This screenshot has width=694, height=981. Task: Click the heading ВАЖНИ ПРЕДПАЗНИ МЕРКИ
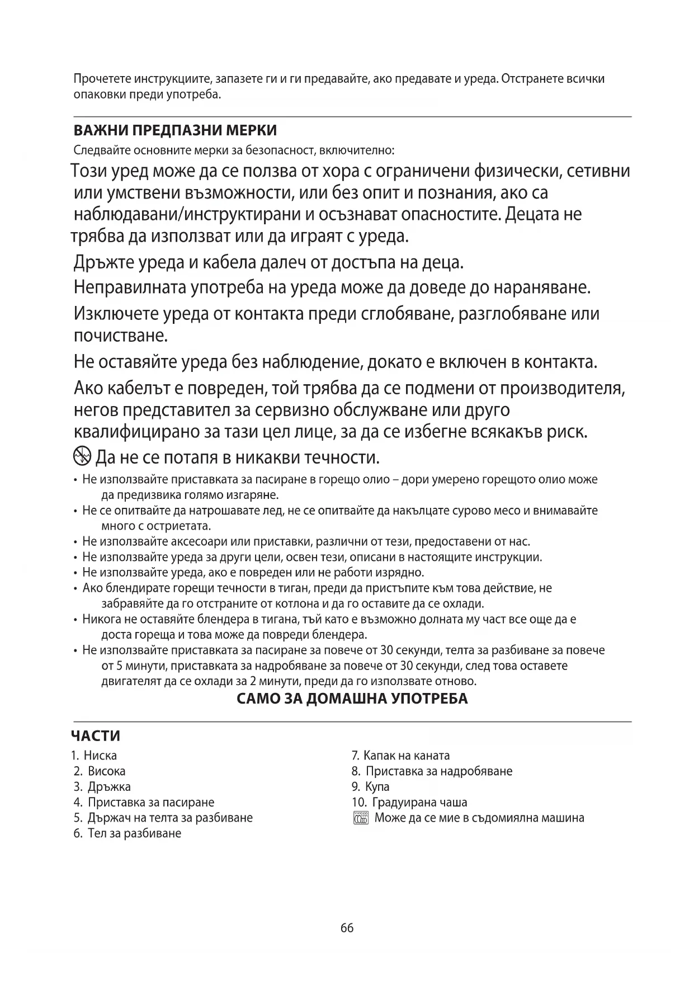[x=175, y=131]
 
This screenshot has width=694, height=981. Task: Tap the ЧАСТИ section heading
[x=96, y=736]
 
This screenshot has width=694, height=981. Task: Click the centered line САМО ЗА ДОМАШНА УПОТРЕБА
[x=352, y=699]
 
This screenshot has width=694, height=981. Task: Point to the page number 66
[x=347, y=928]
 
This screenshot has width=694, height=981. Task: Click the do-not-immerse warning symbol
[x=82, y=457]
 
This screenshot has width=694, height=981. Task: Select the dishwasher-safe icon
[x=361, y=818]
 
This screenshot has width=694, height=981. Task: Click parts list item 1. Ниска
[x=94, y=756]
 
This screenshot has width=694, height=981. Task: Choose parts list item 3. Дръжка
[x=102, y=787]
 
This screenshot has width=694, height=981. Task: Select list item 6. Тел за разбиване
[x=128, y=833]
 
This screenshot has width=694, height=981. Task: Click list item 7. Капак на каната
[x=400, y=756]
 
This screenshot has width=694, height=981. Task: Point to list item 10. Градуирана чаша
[x=409, y=803]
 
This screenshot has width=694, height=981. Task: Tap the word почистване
[x=121, y=336]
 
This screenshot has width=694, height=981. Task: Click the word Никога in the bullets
[x=98, y=619]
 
